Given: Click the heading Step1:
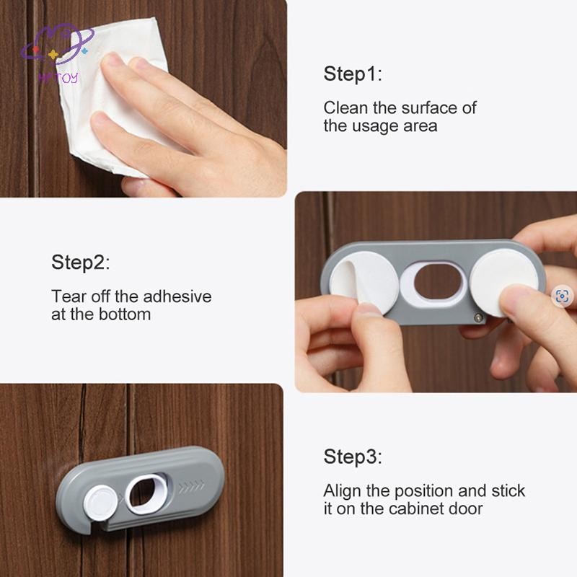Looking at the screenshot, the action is [353, 74].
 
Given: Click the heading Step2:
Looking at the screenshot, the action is [81, 263].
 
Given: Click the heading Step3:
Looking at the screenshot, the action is [353, 457].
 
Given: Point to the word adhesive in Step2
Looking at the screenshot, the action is [177, 296].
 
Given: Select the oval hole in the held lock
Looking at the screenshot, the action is [438, 283].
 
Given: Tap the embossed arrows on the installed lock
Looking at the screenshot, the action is [191, 486].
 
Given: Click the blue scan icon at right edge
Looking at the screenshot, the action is [563, 296].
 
